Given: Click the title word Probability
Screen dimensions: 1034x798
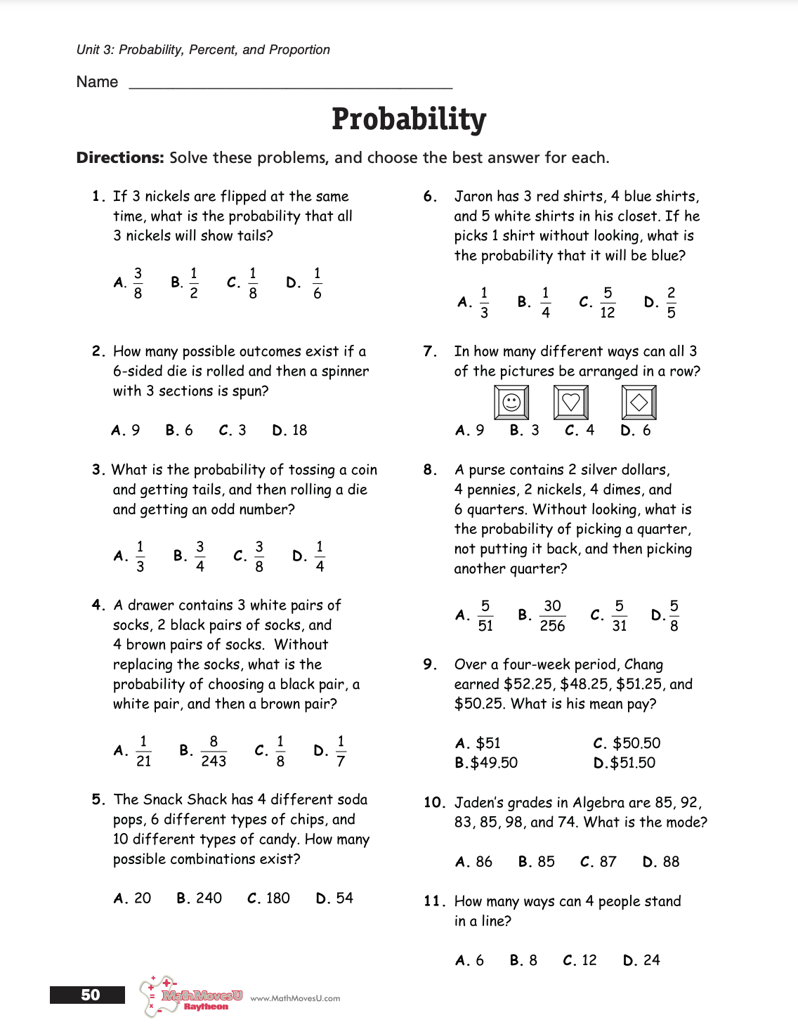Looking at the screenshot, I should (409, 119).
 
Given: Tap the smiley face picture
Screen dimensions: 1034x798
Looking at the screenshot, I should (511, 403).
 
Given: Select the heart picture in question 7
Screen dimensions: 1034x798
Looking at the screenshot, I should (571, 403).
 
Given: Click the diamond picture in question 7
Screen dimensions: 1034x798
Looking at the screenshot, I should (639, 403).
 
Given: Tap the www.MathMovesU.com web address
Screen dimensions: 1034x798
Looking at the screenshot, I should (295, 998).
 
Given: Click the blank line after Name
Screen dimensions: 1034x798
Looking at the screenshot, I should (291, 84).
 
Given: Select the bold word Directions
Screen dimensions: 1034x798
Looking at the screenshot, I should (120, 157).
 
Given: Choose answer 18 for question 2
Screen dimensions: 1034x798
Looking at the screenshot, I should (299, 430).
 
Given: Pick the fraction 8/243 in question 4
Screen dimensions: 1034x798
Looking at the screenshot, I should (214, 751).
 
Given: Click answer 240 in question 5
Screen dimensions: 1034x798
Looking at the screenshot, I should (209, 898).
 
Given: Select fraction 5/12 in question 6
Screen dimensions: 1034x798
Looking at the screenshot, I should (608, 302).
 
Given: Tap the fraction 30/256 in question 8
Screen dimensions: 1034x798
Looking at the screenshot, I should (552, 615).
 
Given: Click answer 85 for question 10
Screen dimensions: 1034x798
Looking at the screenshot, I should (546, 861).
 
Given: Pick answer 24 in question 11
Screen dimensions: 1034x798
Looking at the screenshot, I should (651, 960).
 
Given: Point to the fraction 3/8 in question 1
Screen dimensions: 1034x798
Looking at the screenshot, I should (138, 282).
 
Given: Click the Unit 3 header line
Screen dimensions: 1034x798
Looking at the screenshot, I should (203, 50).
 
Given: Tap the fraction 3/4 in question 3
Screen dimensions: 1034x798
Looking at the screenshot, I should (199, 556).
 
